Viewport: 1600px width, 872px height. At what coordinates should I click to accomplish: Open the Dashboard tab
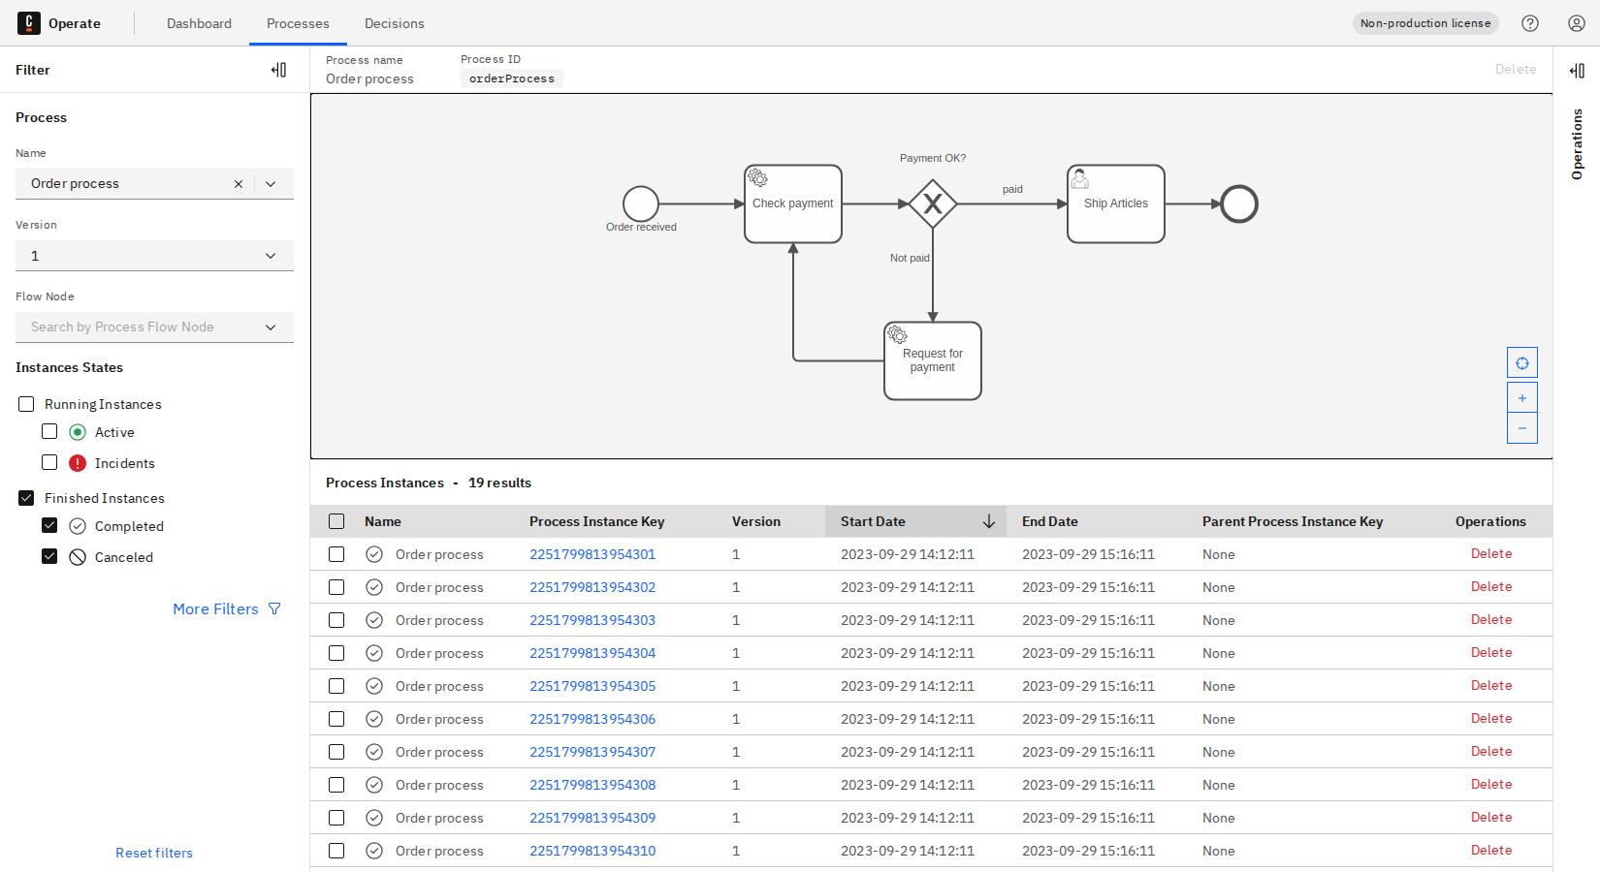click(x=199, y=23)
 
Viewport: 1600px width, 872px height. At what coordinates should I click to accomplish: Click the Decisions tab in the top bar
click(x=394, y=23)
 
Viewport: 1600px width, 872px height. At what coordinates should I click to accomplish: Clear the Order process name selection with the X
click(x=239, y=184)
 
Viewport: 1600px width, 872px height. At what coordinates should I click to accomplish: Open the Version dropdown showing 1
click(x=154, y=256)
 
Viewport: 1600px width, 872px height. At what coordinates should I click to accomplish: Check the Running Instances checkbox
click(x=26, y=404)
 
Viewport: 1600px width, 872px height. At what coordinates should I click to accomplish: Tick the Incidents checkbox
click(x=49, y=463)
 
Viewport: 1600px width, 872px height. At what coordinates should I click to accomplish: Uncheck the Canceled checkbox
click(x=49, y=557)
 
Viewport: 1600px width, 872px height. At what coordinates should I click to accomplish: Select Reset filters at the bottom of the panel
click(x=154, y=853)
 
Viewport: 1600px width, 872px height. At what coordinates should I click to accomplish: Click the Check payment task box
click(x=792, y=203)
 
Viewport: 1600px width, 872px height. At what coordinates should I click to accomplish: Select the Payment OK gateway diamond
click(x=933, y=203)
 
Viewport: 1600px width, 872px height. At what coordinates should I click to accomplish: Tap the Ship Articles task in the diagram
click(x=1115, y=203)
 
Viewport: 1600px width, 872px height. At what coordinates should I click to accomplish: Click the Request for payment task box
click(x=932, y=360)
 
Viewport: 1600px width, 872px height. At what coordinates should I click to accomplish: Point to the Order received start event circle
click(x=640, y=203)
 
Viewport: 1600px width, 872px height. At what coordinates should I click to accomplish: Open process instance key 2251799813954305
click(x=592, y=686)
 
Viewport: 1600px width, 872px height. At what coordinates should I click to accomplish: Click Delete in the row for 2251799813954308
click(x=1490, y=785)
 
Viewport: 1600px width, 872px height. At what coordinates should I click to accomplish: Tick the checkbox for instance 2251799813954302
click(x=336, y=587)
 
